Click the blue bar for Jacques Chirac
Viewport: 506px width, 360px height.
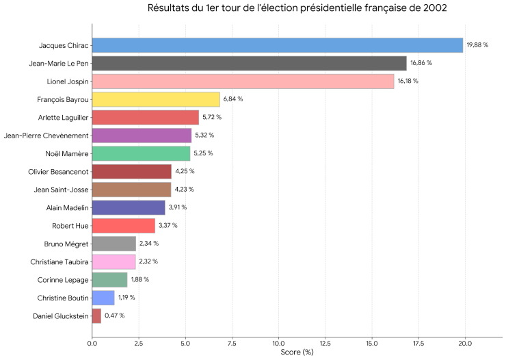point(278,45)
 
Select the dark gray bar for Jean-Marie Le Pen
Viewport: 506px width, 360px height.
point(250,63)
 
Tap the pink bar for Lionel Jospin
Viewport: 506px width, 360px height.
point(243,81)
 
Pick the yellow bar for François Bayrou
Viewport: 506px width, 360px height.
point(156,99)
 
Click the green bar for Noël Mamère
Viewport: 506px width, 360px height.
point(141,153)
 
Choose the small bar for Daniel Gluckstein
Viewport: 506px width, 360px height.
point(96,316)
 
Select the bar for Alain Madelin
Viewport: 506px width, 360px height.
point(129,207)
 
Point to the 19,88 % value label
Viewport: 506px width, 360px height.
point(478,45)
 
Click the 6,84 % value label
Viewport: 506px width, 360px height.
point(233,99)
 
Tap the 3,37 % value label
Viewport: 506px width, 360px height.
point(168,225)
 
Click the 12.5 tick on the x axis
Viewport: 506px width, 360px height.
point(325,343)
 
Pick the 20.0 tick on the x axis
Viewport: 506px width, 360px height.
point(465,343)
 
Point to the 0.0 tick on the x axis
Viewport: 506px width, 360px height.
point(92,343)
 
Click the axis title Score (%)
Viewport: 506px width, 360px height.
point(297,352)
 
